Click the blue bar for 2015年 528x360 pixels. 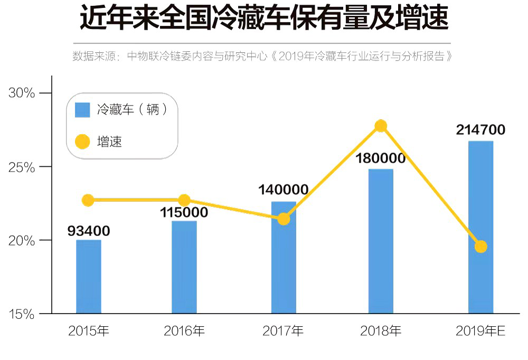pos(89,277)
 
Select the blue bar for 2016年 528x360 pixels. pos(184,267)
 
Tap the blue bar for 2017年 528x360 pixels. pos(284,259)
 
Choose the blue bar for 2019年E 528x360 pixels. pos(480,227)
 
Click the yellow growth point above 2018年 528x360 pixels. pos(381,126)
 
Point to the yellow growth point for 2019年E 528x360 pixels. pos(480,247)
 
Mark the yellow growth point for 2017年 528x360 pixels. pos(284,219)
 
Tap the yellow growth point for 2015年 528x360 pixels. pos(88,200)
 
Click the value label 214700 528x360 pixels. pos(480,130)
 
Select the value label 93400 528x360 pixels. pos(89,231)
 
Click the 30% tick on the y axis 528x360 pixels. pos(22,93)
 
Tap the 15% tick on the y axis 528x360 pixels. pos(22,314)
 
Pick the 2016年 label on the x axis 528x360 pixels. pos(184,331)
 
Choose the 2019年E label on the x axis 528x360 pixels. pos(480,331)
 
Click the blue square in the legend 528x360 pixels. pos(83,110)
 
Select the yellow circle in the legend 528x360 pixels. pos(83,141)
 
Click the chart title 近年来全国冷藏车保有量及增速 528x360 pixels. pos(264,19)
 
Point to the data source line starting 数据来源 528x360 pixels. pos(262,56)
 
